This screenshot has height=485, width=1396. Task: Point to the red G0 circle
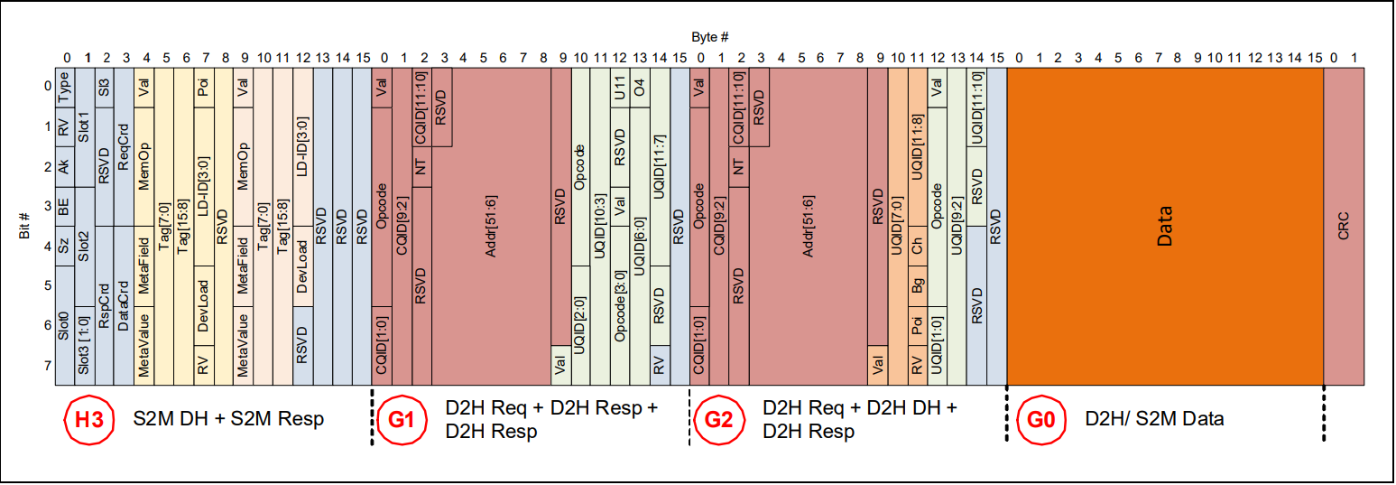1034,420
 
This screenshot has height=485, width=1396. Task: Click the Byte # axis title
709,36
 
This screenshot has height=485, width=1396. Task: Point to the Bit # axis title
25,227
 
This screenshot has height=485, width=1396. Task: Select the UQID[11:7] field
660,167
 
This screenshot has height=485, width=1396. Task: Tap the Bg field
918,286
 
